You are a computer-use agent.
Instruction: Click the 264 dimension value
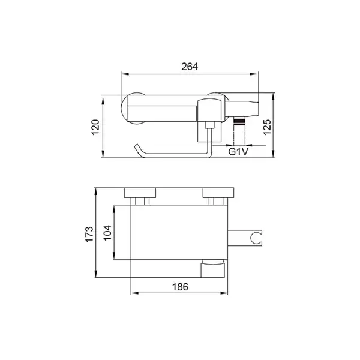click(190, 67)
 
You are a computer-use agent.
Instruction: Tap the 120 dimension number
click(95, 127)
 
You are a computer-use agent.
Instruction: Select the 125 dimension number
click(267, 127)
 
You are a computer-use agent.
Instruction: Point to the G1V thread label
click(238, 152)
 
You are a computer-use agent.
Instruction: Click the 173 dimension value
click(89, 234)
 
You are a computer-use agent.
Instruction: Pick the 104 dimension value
click(107, 233)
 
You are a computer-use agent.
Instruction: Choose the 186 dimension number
click(180, 287)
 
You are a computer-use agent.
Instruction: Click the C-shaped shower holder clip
click(256, 238)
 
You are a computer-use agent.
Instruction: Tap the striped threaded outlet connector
click(239, 121)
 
